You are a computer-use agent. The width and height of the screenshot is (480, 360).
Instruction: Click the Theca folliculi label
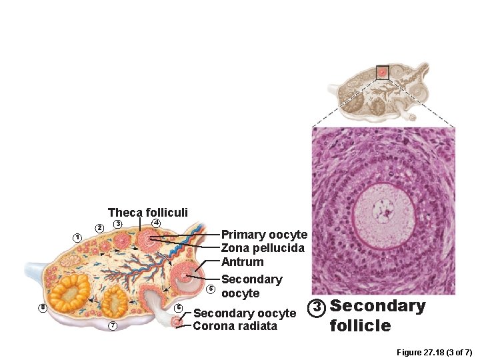pos(147,213)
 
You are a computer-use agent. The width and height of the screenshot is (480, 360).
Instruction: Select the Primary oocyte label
pos(264,235)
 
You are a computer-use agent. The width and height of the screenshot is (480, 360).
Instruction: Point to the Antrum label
pos(242,262)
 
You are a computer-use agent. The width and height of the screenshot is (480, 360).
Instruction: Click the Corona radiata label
pos(235,326)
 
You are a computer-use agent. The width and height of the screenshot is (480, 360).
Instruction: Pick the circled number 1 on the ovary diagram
pos(77,238)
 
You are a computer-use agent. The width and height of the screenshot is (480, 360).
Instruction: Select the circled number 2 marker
pos(99,229)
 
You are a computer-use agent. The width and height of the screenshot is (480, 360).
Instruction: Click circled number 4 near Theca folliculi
pos(155,222)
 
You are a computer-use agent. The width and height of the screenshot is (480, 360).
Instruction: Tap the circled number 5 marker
pos(211,289)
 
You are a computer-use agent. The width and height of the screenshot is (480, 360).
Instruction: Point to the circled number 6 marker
pos(179,307)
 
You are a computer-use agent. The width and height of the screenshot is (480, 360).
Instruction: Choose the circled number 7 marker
pos(113,325)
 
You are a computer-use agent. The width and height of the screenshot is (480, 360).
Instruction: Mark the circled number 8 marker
pos(42,307)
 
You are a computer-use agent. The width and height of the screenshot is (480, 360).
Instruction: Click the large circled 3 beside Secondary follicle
pos(318,307)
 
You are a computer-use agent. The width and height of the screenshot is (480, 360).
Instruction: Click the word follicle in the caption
pos(360,325)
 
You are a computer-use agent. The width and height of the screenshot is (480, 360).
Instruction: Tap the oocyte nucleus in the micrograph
pos(384,211)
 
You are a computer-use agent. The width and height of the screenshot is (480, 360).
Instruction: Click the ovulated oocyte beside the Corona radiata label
pos(177,322)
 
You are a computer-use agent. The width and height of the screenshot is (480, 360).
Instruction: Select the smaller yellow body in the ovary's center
pos(115,302)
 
